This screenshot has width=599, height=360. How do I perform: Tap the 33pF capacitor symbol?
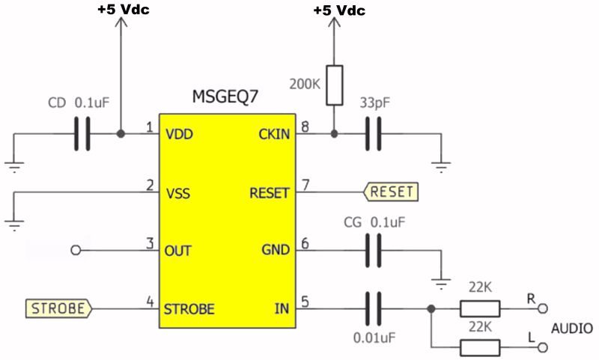pos(372,135)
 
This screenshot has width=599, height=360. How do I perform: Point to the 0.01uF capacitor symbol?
pos(372,308)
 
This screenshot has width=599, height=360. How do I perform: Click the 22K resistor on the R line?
pos(479,308)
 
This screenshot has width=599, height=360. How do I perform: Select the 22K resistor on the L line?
pos(479,347)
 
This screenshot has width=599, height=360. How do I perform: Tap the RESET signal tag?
pos(390,192)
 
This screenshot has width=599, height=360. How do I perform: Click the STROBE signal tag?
pos(58,307)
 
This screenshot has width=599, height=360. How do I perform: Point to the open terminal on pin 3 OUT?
pos(74,250)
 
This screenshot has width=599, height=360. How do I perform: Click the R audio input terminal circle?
pos(544,308)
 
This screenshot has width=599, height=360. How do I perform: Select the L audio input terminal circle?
pos(544,347)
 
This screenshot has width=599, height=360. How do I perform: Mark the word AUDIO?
pos(572,328)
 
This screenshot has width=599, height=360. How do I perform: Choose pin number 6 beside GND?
pos(305,244)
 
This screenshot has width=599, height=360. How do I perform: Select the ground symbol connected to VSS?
pos(13,222)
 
